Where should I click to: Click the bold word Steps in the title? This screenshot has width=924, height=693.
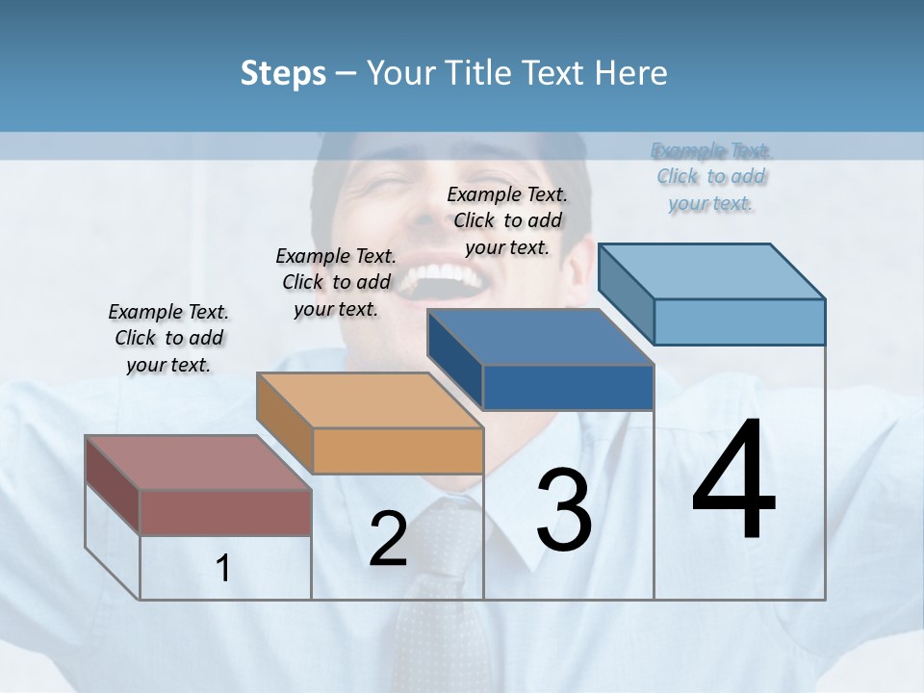click(282, 73)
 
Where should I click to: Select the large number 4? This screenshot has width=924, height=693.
click(733, 481)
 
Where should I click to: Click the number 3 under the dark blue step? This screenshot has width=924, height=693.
click(564, 510)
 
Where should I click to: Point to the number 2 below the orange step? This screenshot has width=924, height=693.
click(388, 539)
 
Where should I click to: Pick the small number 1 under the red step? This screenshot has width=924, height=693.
click(223, 569)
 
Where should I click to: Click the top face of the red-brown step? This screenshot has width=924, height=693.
click(198, 463)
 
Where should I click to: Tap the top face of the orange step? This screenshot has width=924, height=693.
click(370, 400)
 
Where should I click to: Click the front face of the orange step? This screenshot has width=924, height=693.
click(398, 450)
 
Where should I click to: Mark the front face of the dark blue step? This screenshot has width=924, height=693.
click(568, 388)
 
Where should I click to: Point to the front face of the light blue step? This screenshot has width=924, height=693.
click(739, 321)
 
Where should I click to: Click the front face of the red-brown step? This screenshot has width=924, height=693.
click(225, 512)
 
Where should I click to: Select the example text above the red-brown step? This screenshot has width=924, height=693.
click(168, 338)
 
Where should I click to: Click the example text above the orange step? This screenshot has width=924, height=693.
click(336, 282)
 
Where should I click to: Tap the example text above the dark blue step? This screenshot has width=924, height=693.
click(507, 220)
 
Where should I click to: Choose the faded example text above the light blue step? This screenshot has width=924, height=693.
click(711, 176)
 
